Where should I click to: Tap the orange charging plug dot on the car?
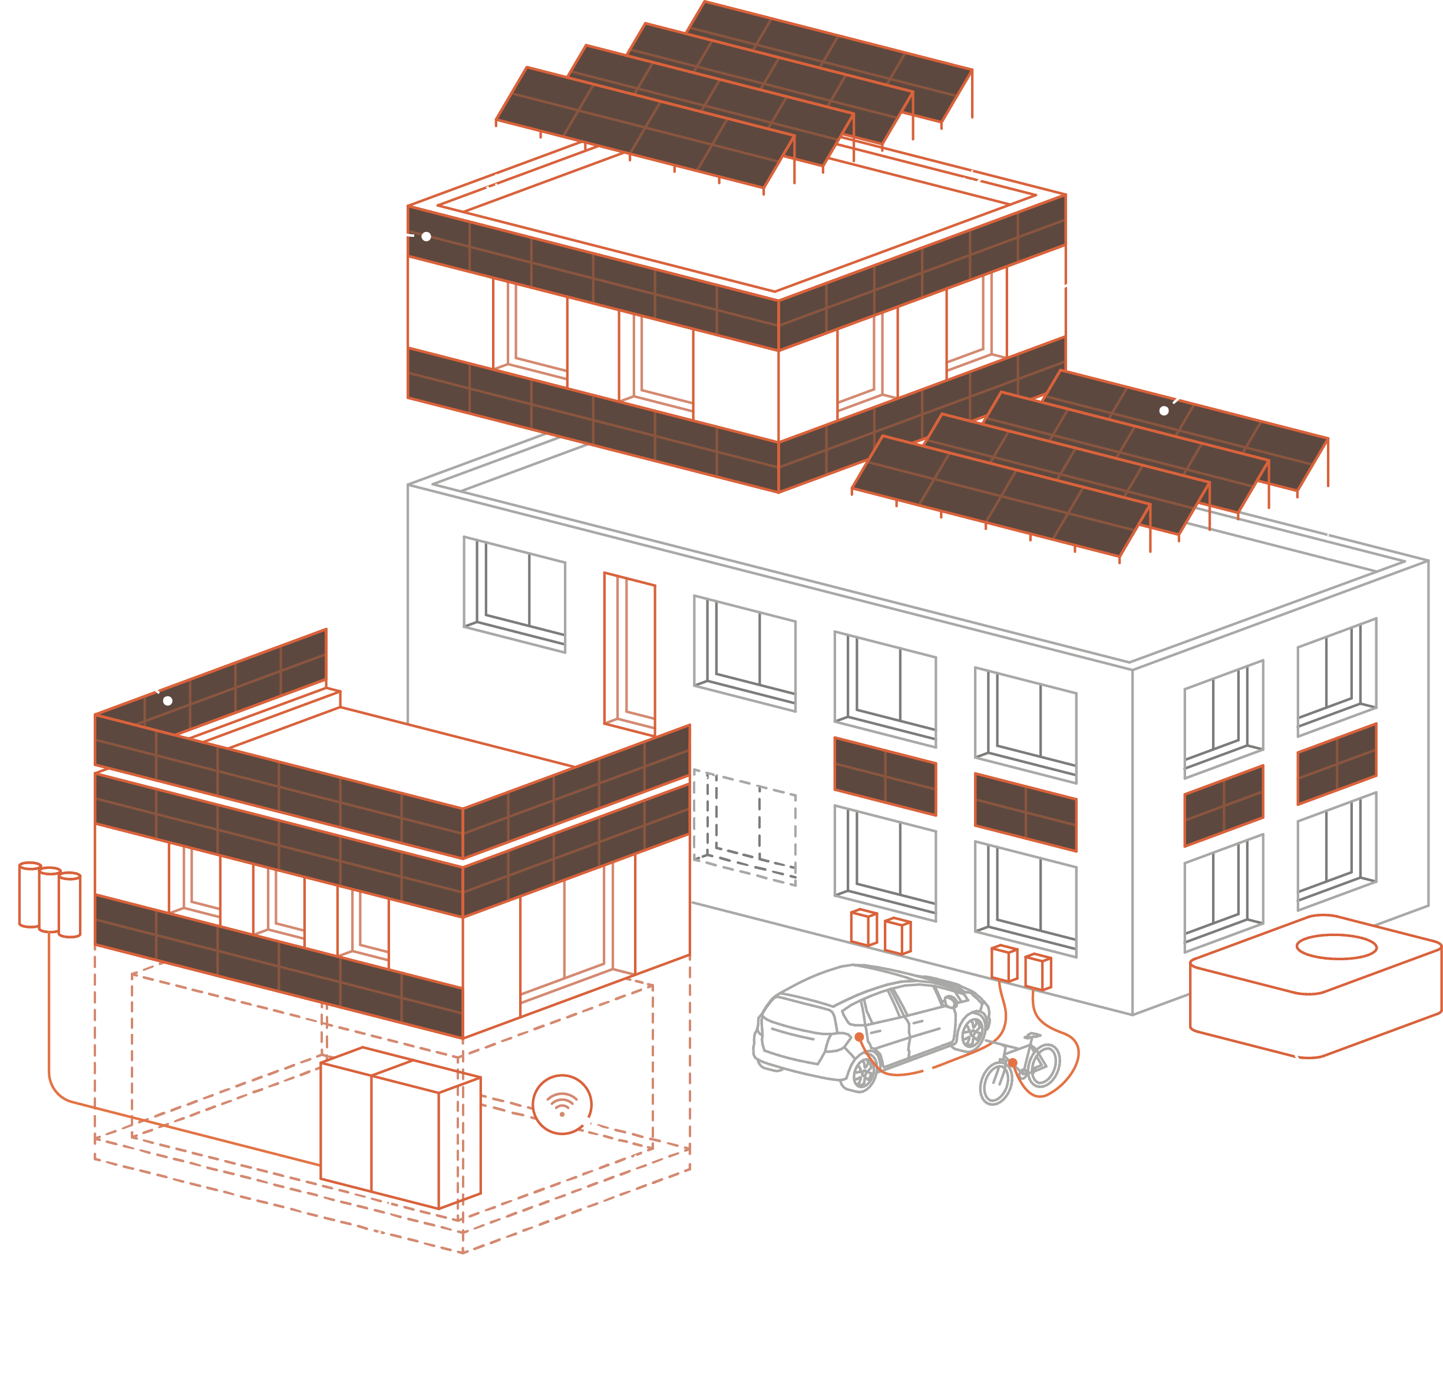[x=859, y=1037]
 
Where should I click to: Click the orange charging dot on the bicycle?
[x=1013, y=1063]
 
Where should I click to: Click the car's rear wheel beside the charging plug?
[x=863, y=1072]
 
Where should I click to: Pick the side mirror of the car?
[x=950, y=1001]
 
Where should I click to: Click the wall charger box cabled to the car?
[x=1004, y=963]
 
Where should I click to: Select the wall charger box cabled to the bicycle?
[x=1038, y=971]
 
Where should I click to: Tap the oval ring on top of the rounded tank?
[x=1336, y=946]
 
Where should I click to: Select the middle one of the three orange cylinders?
[x=49, y=900]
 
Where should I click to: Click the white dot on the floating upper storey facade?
[x=426, y=236]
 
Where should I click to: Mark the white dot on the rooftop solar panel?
[x=1164, y=411]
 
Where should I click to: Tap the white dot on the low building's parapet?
[x=168, y=700]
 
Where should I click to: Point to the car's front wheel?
[x=973, y=1032]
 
